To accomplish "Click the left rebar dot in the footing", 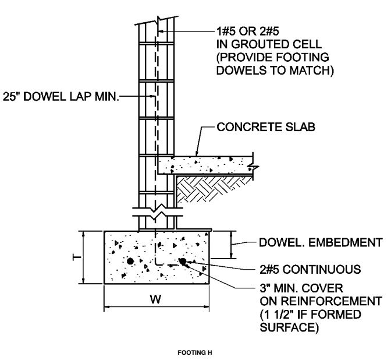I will (x=130, y=260).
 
